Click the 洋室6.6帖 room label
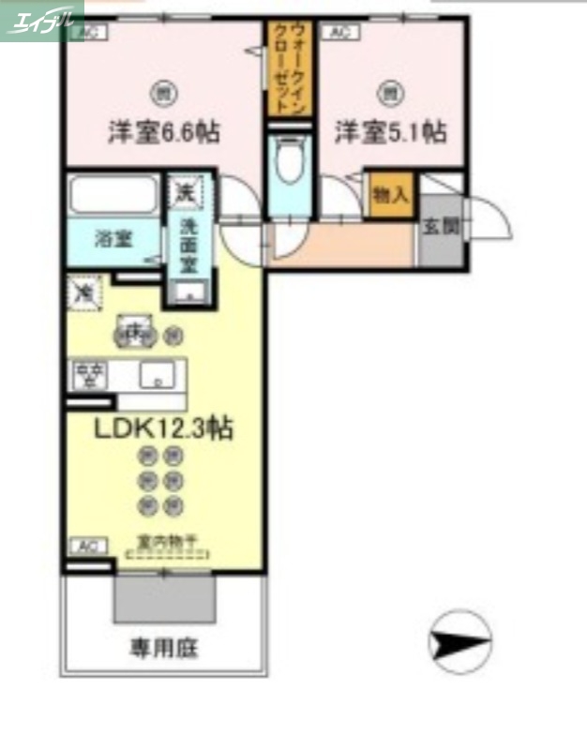coord(163,133)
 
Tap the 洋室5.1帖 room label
coord(390,132)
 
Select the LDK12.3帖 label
coord(163,429)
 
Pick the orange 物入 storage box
coord(390,195)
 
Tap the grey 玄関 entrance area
coord(438,226)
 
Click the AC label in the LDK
coord(87,546)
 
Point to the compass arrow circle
coord(459,643)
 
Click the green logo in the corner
coord(41,19)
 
